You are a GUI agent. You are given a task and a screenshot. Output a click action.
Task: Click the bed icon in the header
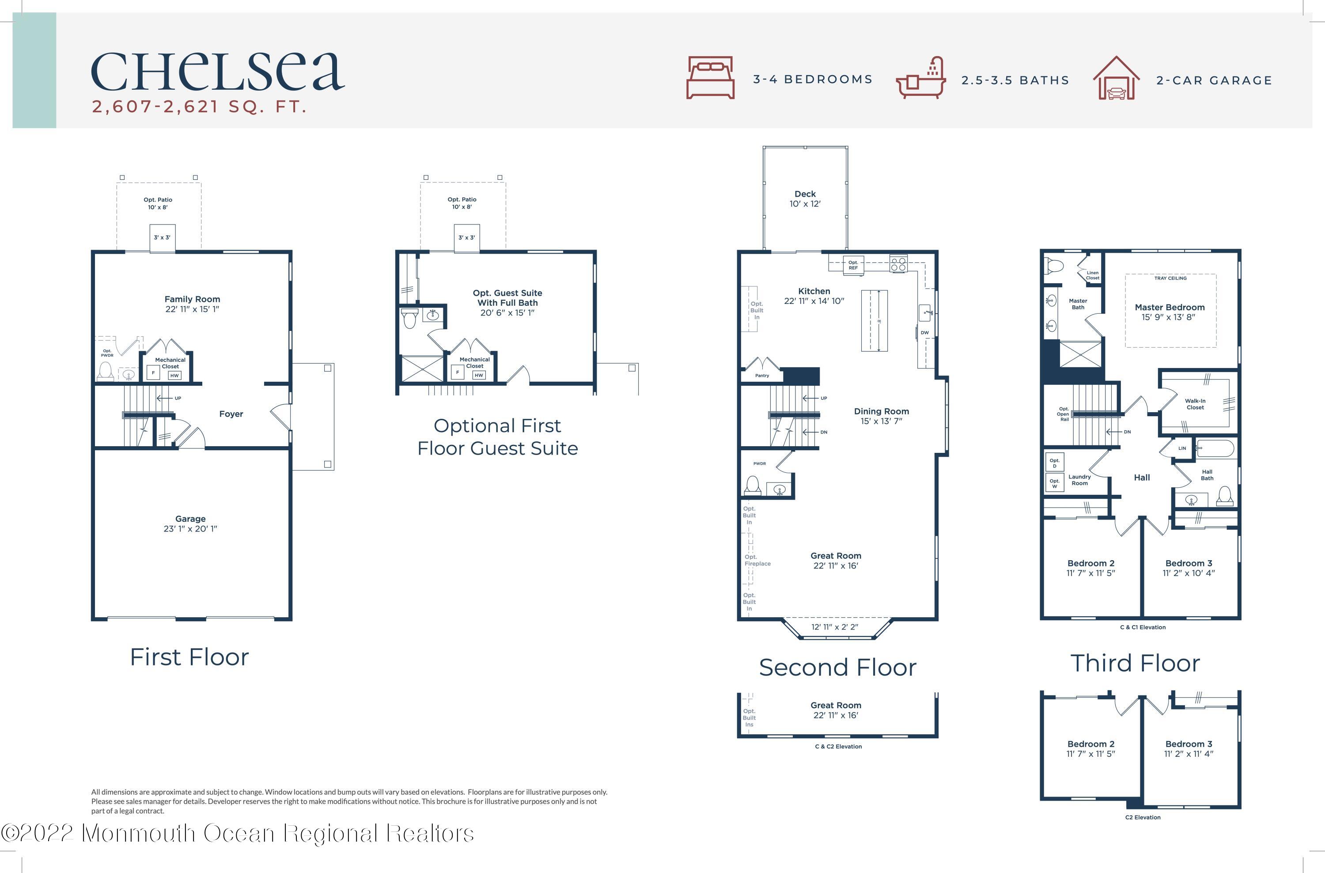point(710,77)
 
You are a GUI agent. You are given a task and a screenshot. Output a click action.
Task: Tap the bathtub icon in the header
point(921,77)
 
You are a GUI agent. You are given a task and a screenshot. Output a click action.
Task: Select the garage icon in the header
point(1116,77)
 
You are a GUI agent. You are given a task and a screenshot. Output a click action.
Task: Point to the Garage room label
point(190,519)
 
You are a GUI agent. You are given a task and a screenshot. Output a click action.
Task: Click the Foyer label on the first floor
point(231,414)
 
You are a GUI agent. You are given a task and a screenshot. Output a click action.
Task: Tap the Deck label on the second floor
point(805,194)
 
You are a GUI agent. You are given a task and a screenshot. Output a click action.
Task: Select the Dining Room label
point(881,411)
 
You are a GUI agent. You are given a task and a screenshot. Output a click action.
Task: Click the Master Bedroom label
point(1170,307)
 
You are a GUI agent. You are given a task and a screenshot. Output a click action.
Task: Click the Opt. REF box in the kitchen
point(853,265)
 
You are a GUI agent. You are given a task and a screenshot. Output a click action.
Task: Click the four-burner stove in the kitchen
point(898,263)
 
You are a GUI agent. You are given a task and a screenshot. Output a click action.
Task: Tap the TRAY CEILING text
point(1170,278)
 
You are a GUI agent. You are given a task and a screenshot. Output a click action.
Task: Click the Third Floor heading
point(1135,663)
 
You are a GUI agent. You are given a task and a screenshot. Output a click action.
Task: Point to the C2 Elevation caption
point(1143,817)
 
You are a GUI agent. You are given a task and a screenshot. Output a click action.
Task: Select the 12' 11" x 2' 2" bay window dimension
point(834,627)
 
